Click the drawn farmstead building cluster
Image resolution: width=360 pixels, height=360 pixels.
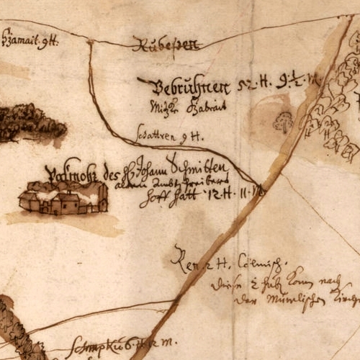(63, 197)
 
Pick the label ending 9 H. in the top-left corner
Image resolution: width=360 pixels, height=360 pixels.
(30, 40)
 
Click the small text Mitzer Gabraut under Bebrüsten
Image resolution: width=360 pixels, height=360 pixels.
(176, 109)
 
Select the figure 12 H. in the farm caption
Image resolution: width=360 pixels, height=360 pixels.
(216, 194)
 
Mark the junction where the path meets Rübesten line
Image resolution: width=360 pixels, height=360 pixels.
(90, 42)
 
